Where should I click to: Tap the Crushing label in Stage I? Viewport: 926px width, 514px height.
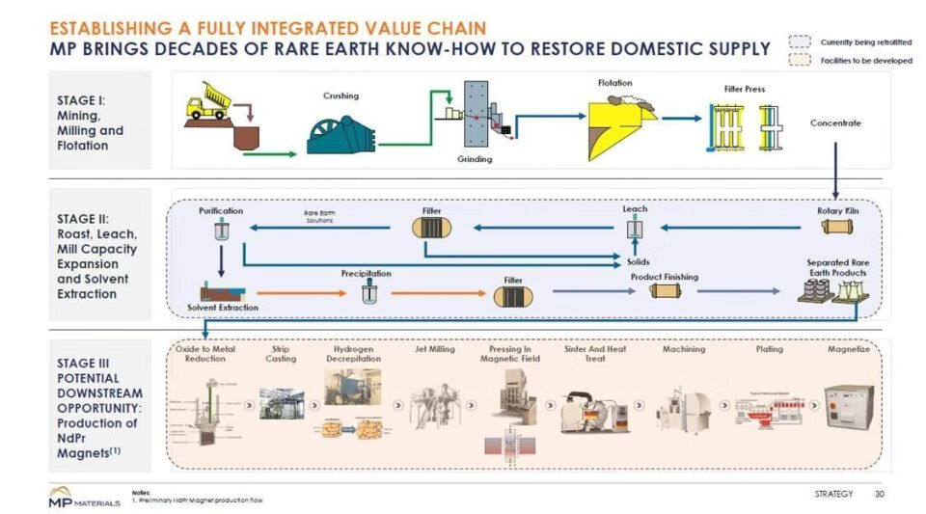click(x=340, y=95)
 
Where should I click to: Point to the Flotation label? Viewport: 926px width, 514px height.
click(x=614, y=83)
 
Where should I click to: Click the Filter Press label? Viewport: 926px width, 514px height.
click(x=745, y=90)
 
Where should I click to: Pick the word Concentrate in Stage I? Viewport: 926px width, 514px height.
click(x=835, y=123)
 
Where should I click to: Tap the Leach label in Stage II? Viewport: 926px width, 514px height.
click(x=635, y=208)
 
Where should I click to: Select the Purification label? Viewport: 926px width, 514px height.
click(x=221, y=209)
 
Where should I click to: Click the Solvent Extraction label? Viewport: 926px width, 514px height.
click(x=223, y=308)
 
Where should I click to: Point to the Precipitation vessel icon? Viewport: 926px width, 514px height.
click(x=367, y=293)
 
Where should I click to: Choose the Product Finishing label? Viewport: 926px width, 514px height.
click(x=664, y=277)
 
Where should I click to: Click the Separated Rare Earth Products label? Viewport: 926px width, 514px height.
click(x=836, y=267)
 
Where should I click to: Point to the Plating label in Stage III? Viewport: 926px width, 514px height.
click(x=769, y=349)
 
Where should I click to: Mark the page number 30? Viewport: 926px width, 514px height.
click(x=879, y=494)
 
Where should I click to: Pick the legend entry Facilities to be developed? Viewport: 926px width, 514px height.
click(x=865, y=61)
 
